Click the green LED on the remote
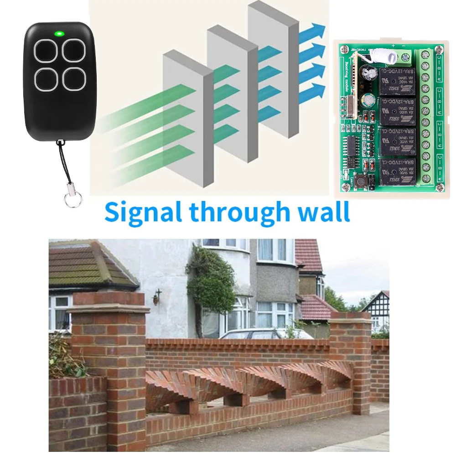coord(59,33)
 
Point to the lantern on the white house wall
coord(156,297)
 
